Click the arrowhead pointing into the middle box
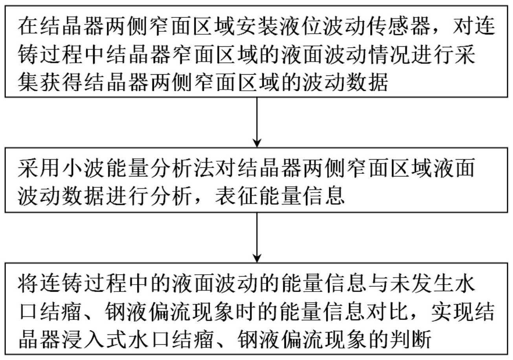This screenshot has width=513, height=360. [x=256, y=143]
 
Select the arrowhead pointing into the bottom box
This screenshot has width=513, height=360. [x=256, y=258]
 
